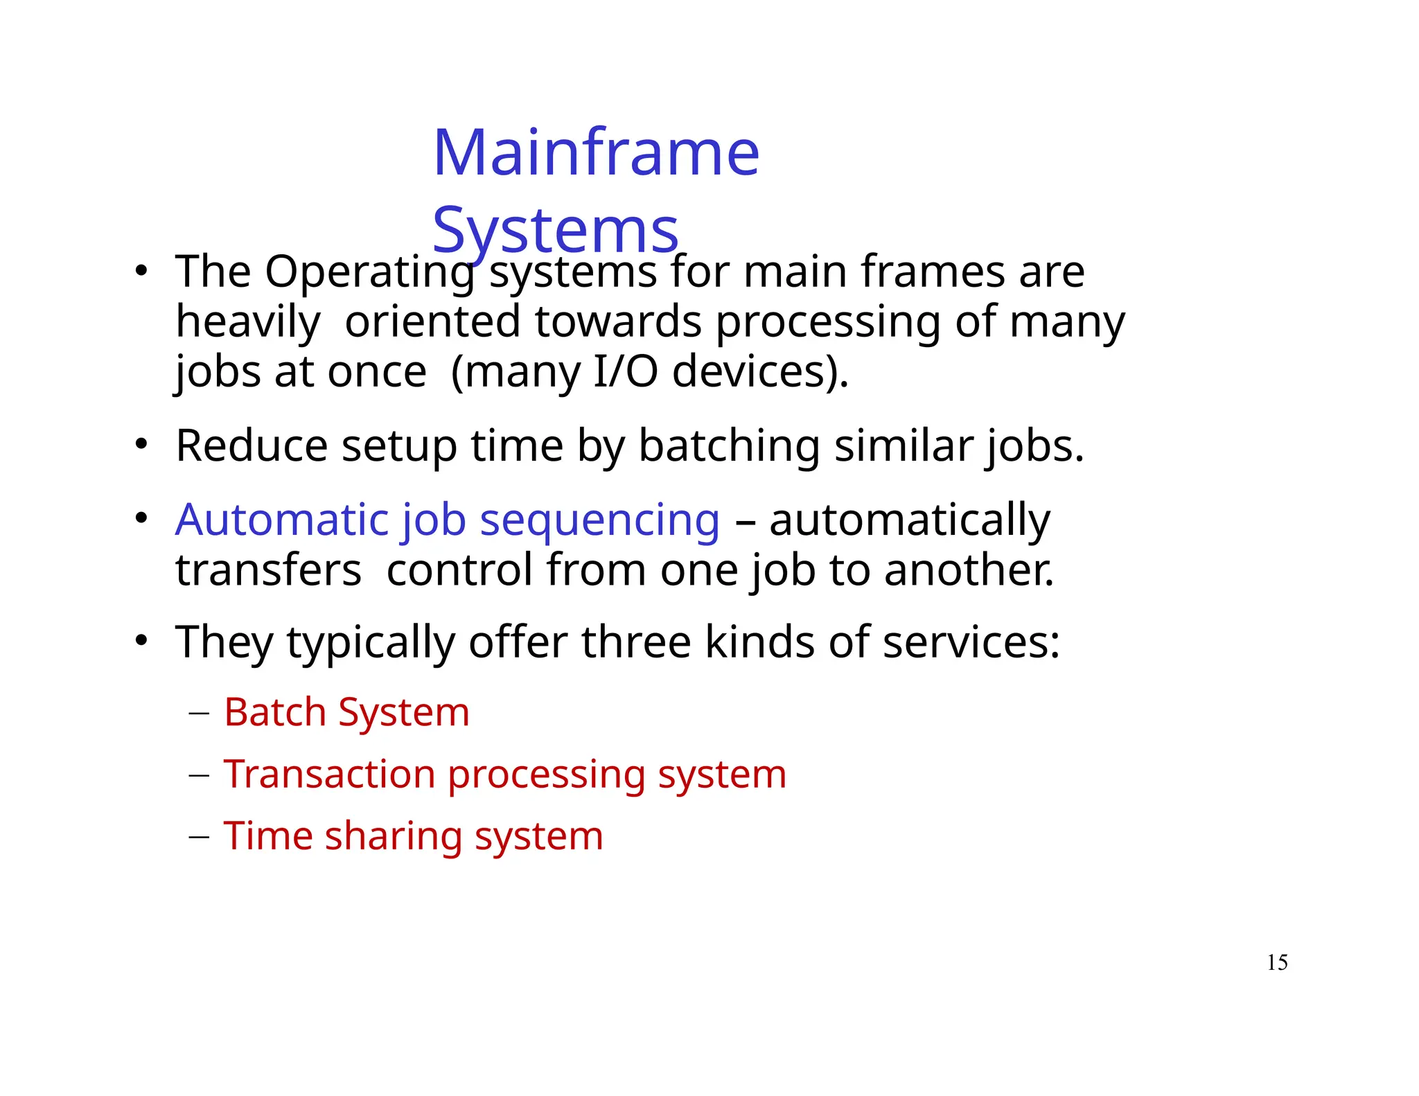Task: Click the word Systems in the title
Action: click(555, 230)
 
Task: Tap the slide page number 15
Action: click(1277, 962)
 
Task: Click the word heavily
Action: click(248, 323)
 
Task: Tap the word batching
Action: click(729, 447)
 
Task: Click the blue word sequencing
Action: click(599, 520)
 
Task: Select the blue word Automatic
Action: click(282, 520)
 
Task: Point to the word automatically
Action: click(910, 521)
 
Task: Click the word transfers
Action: click(268, 570)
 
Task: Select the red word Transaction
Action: click(329, 774)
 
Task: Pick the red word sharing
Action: click(394, 837)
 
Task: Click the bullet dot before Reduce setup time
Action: click(141, 444)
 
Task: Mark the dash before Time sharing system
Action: click(199, 837)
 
